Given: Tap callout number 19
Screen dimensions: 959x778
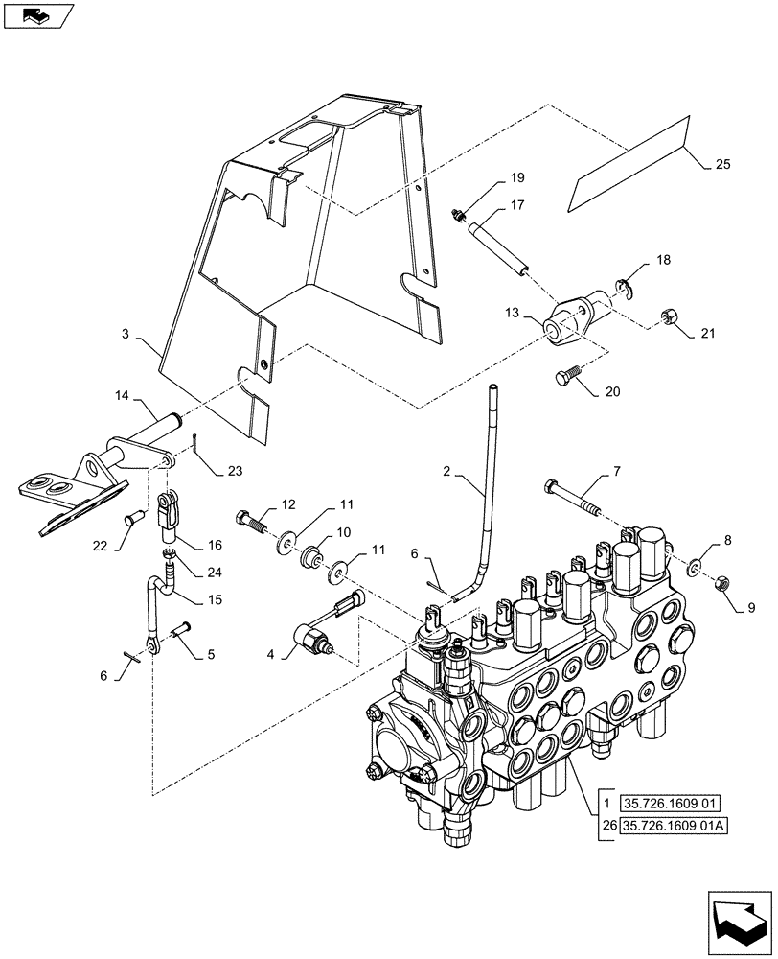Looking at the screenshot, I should [516, 178].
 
